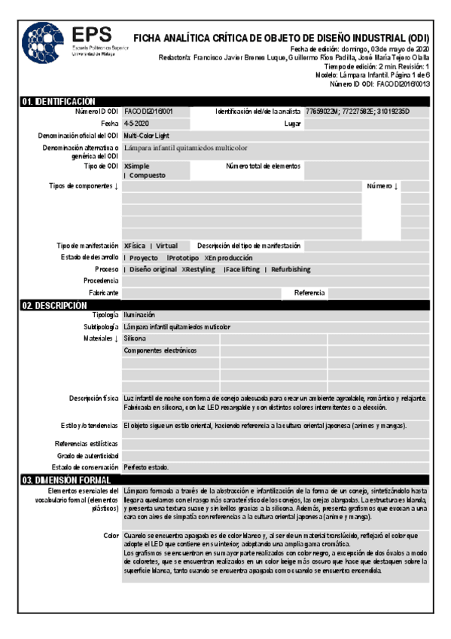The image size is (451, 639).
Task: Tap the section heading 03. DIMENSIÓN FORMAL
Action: click(x=67, y=479)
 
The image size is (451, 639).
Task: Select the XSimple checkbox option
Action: click(x=136, y=165)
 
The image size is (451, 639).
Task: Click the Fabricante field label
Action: click(x=103, y=292)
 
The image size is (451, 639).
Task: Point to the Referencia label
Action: click(x=309, y=292)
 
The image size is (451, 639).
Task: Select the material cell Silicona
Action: click(x=135, y=339)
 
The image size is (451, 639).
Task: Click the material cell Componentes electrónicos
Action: click(x=160, y=350)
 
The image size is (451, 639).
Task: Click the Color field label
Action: click(x=111, y=535)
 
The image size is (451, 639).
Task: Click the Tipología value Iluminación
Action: click(x=139, y=315)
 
